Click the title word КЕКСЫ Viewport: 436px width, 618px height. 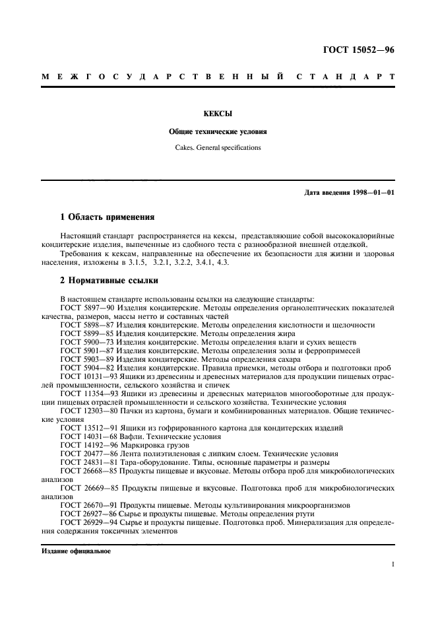click(218, 114)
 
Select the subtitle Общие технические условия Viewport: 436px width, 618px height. click(218, 131)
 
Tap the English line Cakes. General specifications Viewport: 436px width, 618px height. click(218, 147)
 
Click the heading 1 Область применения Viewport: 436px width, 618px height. click(108, 216)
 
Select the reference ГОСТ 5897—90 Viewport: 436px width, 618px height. click(83, 308)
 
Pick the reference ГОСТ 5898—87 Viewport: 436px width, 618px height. click(83, 325)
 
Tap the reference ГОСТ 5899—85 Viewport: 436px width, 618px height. click(83, 333)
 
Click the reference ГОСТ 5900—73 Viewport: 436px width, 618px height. click(83, 342)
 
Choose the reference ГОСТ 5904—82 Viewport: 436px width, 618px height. click(83, 368)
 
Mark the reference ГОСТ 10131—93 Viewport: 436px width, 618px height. click(85, 376)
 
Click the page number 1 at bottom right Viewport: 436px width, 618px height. click(392, 565)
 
